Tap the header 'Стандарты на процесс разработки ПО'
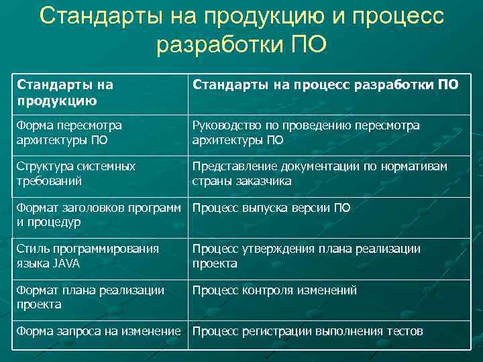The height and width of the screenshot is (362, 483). (325, 85)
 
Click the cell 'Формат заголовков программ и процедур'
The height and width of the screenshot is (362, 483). (99, 215)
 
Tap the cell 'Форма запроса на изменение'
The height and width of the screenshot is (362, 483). (99, 331)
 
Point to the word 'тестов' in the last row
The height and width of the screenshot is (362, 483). (405, 331)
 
